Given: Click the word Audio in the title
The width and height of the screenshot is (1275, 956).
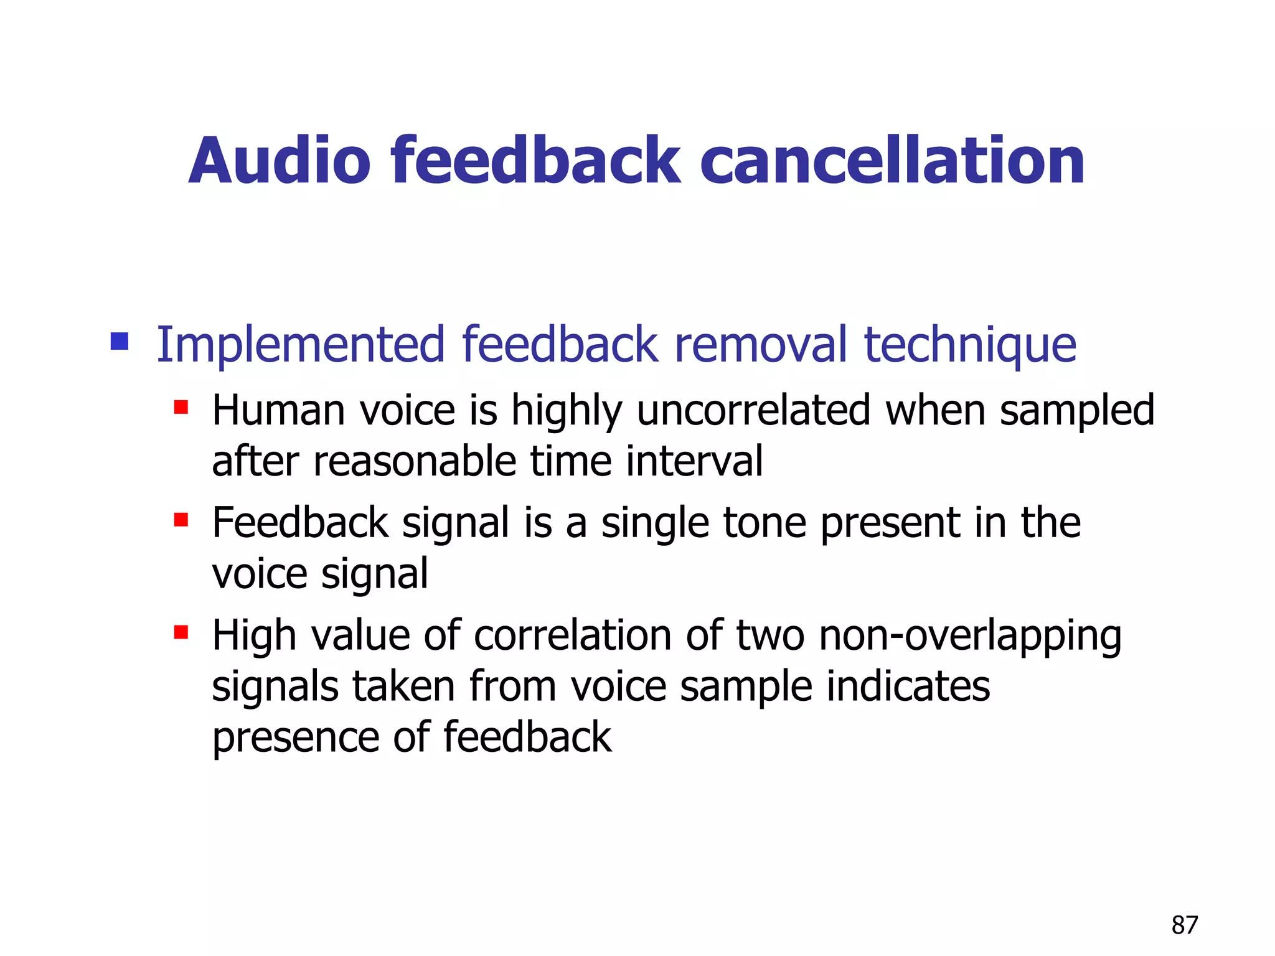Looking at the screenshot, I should [280, 161].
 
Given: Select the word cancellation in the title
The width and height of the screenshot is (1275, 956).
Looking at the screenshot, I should [893, 161].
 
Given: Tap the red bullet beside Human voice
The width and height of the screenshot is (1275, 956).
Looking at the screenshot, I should [181, 408].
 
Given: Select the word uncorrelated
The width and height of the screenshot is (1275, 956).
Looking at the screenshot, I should [753, 411].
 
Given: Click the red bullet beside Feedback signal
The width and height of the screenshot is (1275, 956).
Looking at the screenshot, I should [181, 520].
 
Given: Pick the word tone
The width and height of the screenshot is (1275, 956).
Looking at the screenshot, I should [765, 523].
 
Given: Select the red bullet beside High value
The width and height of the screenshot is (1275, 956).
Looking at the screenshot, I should [181, 633].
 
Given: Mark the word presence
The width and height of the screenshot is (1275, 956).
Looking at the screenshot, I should [296, 738].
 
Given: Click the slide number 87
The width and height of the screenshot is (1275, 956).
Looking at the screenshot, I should [1184, 926].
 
